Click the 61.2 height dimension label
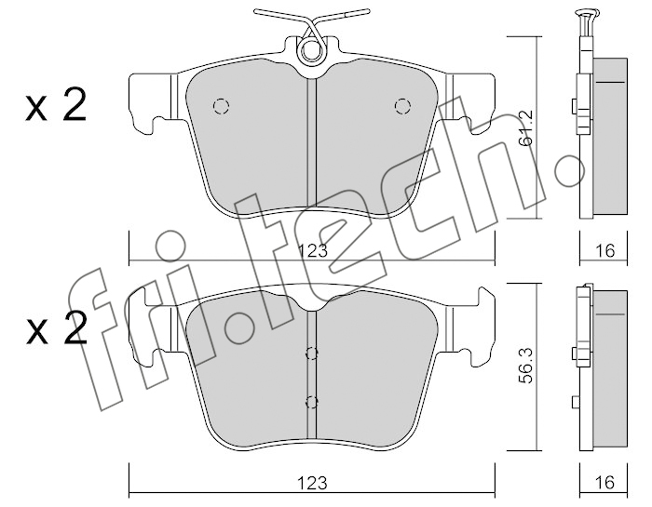click(x=526, y=127)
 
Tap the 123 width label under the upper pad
click(x=313, y=251)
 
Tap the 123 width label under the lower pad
click(x=313, y=483)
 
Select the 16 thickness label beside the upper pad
click(x=605, y=251)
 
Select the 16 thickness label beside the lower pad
click(x=605, y=483)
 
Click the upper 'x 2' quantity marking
click(x=56, y=105)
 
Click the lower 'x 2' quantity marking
click(x=56, y=329)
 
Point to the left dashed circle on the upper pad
click(x=222, y=106)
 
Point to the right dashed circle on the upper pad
click(x=402, y=106)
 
